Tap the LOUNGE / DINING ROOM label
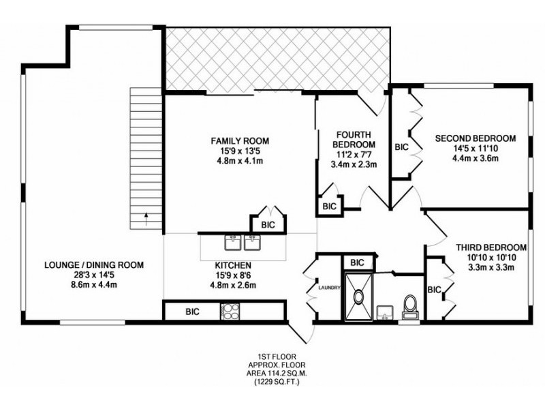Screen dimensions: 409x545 coord(93,264)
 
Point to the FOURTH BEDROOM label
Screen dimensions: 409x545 coord(354,140)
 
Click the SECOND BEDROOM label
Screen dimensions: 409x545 coord(476,138)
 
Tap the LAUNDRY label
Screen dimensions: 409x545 coord(328,288)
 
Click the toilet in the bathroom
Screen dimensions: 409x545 coord(410,305)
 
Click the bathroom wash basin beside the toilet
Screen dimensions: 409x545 coord(386,312)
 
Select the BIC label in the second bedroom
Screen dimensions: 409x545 coord(401,147)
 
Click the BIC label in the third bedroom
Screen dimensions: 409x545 coord(434,290)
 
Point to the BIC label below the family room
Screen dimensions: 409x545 coord(268,224)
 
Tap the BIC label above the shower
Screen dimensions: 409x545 coord(356,262)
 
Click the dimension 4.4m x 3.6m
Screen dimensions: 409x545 coord(476,159)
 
